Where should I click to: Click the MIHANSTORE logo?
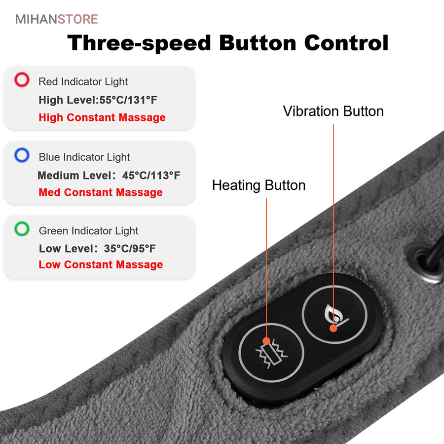point(57,19)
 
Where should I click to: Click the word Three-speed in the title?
point(139,43)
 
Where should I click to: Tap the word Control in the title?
point(346,43)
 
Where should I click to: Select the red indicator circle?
point(22,79)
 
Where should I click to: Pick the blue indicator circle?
point(22,155)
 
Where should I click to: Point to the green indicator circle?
point(22,229)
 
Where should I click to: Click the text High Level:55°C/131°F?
point(98,100)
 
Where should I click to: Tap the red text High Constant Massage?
point(102,117)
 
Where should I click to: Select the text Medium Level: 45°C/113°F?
point(109,176)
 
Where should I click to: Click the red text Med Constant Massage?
point(101,192)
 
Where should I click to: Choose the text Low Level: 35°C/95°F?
point(97,249)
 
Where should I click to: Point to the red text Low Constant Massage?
point(101,265)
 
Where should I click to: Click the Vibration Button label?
point(333,111)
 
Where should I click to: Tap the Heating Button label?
point(259,185)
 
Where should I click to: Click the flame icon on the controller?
point(336,314)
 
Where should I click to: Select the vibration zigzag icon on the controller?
point(271,354)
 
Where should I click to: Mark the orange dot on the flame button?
point(333,328)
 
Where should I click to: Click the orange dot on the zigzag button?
point(266,341)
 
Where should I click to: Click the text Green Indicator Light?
point(89,231)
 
